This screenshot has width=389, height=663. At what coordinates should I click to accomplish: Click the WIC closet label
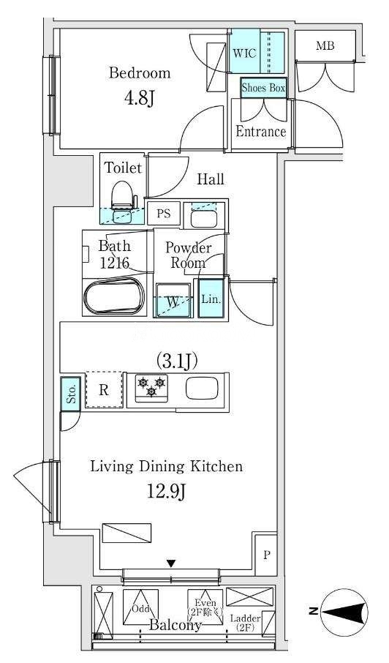244,53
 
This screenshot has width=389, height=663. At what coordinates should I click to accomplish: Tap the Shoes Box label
263,88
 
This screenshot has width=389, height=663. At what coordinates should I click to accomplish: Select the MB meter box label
325,45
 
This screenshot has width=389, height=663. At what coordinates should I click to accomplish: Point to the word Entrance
260,132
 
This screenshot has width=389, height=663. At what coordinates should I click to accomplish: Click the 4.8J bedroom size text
138,99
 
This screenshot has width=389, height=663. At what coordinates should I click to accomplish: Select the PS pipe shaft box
164,214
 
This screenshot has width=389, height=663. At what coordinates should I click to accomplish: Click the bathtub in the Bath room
114,295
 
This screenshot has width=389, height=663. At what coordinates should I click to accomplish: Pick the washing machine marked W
173,300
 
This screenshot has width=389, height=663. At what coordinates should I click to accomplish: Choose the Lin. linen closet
211,299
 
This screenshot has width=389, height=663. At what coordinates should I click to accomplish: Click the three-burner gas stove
151,388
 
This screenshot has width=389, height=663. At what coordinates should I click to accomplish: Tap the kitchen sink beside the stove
202,388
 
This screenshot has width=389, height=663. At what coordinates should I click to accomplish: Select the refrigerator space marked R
105,390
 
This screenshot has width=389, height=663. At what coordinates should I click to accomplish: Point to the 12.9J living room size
167,491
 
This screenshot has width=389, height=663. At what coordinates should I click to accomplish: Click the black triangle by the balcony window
170,563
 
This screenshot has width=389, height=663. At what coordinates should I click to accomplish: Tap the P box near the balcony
266,555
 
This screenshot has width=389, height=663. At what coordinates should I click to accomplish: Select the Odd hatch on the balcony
140,607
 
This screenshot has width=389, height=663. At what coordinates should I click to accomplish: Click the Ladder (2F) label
245,623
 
